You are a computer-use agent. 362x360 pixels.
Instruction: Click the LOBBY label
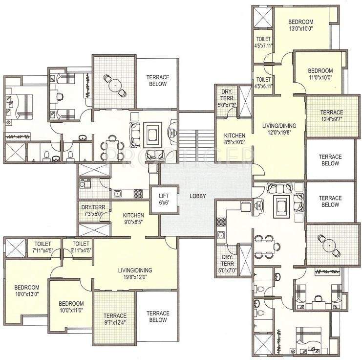point(198,196)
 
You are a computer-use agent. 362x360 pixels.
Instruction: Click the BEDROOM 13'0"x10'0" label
point(300,25)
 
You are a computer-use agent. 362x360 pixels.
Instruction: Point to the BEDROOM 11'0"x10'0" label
point(320,74)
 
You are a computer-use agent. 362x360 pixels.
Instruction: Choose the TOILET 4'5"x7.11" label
point(263,43)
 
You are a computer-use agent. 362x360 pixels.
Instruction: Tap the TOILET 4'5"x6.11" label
point(263,83)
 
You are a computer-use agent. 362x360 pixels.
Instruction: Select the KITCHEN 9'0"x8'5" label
point(133,218)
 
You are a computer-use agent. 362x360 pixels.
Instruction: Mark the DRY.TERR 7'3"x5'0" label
point(93,210)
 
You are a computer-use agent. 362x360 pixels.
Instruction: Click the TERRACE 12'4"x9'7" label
point(330,115)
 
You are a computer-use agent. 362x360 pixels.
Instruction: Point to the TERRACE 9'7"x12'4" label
point(115,318)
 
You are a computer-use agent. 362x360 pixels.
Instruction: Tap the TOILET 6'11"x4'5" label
point(81,247)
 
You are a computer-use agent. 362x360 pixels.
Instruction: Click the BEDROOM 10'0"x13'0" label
point(26,290)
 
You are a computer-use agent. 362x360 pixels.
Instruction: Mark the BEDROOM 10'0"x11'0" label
point(71,307)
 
